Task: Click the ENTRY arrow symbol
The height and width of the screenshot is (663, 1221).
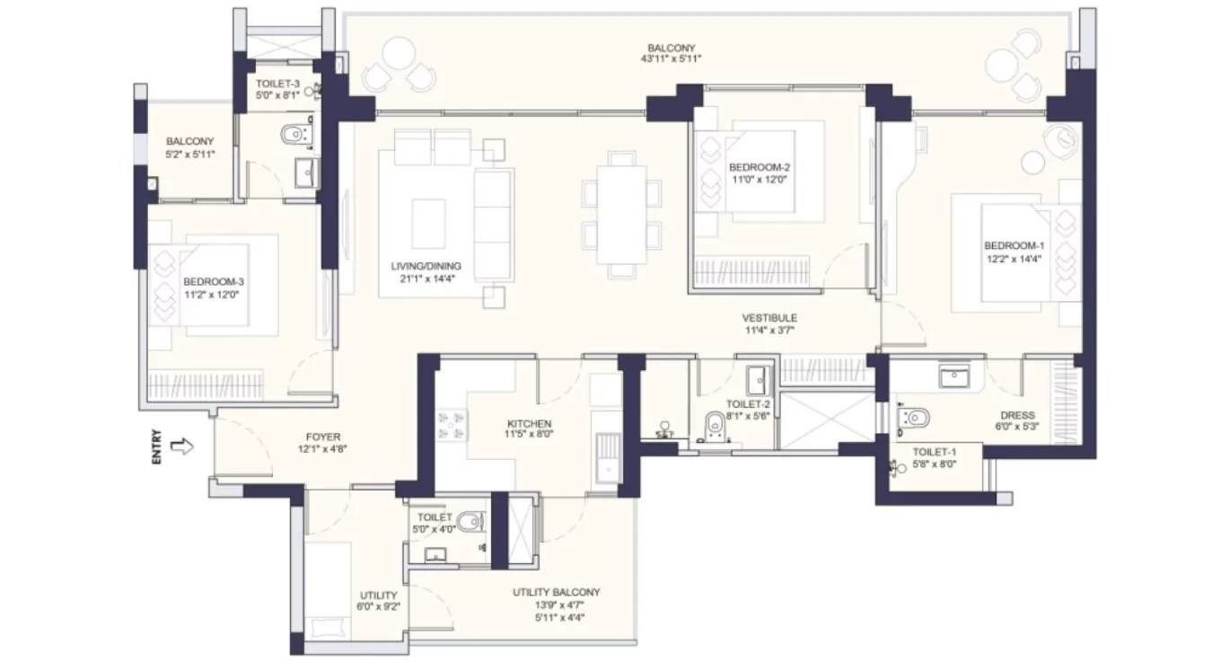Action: tap(181, 446)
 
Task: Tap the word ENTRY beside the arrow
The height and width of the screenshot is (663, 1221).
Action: tap(158, 446)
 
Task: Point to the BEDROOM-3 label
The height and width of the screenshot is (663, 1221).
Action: tap(213, 280)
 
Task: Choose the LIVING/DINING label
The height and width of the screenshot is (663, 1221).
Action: tap(426, 266)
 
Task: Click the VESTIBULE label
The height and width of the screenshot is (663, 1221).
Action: tap(769, 318)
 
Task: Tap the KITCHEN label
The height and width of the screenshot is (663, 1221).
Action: tap(529, 424)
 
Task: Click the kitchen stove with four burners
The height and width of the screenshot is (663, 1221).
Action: tap(452, 425)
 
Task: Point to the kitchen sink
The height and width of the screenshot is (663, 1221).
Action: tap(608, 457)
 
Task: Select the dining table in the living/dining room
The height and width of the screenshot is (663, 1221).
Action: tap(621, 215)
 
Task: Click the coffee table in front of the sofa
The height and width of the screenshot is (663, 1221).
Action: tap(428, 217)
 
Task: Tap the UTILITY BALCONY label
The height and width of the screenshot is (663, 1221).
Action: tap(557, 593)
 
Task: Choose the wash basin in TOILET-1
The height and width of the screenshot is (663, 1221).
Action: tap(953, 376)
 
